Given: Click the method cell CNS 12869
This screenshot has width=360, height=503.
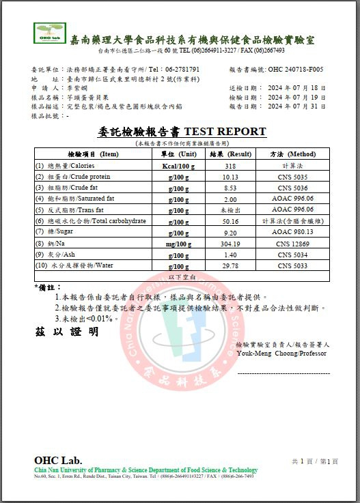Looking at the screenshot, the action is click(292, 243).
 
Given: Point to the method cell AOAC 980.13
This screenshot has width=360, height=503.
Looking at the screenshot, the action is click(292, 232).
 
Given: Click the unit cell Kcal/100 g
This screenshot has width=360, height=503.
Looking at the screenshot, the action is click(178, 166).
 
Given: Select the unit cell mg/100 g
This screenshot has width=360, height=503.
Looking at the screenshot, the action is click(178, 243).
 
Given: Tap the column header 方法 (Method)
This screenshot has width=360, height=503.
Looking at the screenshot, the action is click(292, 154).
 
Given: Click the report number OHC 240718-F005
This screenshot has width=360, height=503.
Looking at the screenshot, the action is click(296, 70).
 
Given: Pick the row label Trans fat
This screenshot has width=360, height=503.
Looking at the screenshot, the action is click(77, 210).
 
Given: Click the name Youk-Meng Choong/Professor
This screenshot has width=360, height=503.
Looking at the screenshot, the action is click(281, 354).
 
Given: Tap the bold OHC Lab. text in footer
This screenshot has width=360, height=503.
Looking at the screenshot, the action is click(58, 460).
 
